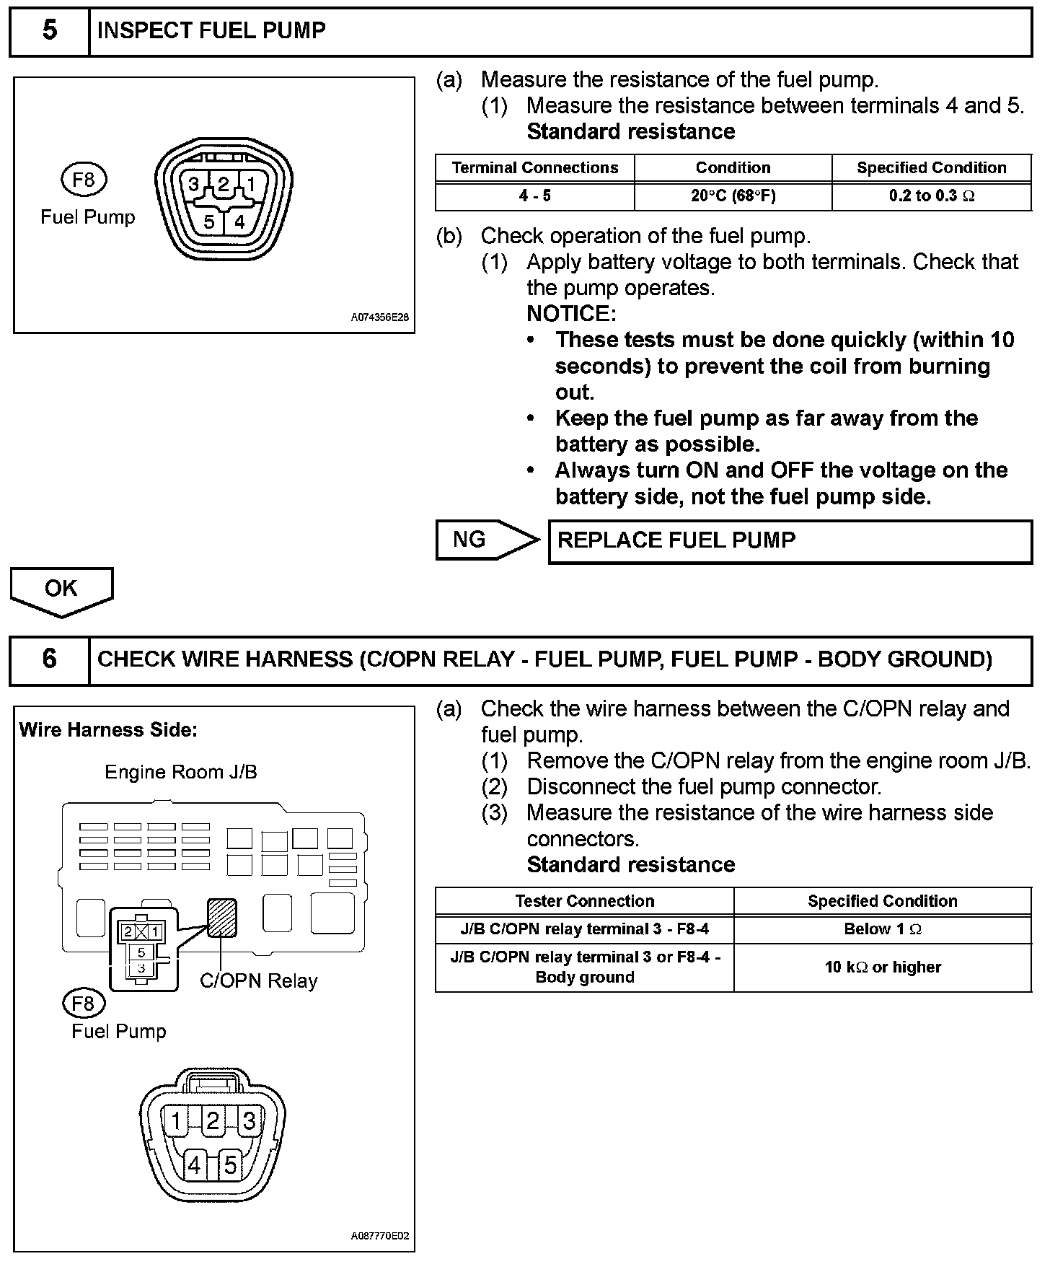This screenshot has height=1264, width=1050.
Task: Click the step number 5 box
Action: [x=49, y=32]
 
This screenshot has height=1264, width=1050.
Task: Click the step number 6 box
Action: [x=49, y=659]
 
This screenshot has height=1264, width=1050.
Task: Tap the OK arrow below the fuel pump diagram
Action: [x=61, y=589]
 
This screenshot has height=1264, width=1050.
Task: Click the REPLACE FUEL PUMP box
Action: [x=790, y=541]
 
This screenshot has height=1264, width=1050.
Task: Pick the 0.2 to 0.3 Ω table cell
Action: [x=931, y=196]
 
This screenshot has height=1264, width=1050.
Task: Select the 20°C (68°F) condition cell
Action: [x=733, y=196]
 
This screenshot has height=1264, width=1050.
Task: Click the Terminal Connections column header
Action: [x=535, y=168]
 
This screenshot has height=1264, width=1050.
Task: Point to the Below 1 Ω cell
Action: [x=883, y=929]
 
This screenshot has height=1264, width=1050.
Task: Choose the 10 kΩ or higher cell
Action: [x=883, y=967]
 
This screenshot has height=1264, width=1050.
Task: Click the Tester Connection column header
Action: [x=584, y=901]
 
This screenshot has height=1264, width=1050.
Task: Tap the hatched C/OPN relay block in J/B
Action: [x=222, y=918]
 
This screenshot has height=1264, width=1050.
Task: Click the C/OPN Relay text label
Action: [x=258, y=981]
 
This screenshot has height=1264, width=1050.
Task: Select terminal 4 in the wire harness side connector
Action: [x=194, y=1165]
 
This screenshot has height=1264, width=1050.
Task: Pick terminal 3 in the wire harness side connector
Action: [x=249, y=1121]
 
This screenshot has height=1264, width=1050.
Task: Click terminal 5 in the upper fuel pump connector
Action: [x=209, y=221]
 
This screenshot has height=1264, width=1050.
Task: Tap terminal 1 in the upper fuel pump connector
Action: [x=250, y=185]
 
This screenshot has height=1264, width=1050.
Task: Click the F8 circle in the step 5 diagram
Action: [x=84, y=180]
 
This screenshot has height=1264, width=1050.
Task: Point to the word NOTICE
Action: [x=571, y=314]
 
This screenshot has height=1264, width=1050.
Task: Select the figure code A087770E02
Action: [x=380, y=1236]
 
